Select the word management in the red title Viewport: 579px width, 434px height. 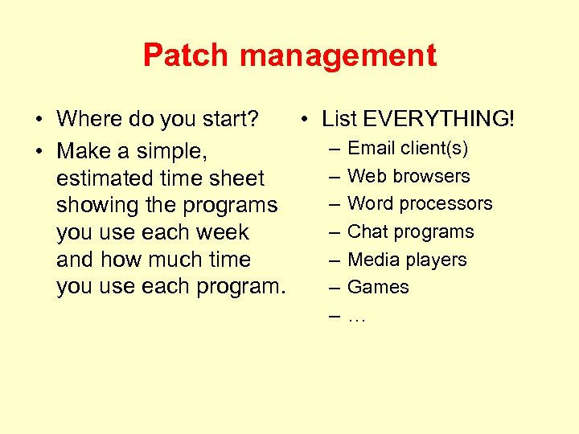339,56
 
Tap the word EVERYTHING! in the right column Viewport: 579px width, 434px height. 439,119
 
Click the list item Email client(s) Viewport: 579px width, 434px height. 408,148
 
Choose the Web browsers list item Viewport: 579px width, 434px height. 409,176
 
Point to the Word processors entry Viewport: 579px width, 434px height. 420,203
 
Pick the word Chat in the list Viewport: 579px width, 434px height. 367,231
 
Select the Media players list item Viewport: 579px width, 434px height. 407,260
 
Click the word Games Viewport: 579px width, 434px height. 378,287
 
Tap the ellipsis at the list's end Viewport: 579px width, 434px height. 356,317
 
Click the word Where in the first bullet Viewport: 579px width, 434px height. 89,119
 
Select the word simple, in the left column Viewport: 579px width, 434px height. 174,151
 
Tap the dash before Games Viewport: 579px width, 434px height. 334,287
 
